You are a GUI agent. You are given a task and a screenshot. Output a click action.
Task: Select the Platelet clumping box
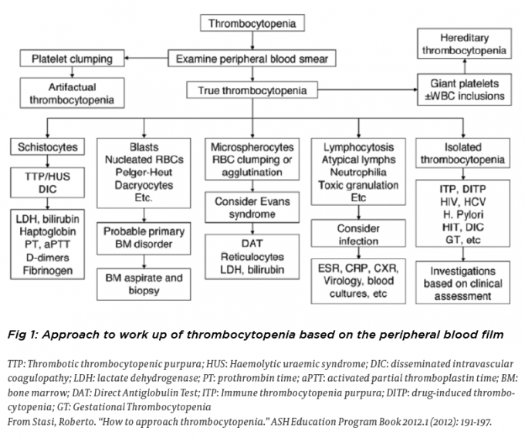pyautogui.click(x=71, y=59)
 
